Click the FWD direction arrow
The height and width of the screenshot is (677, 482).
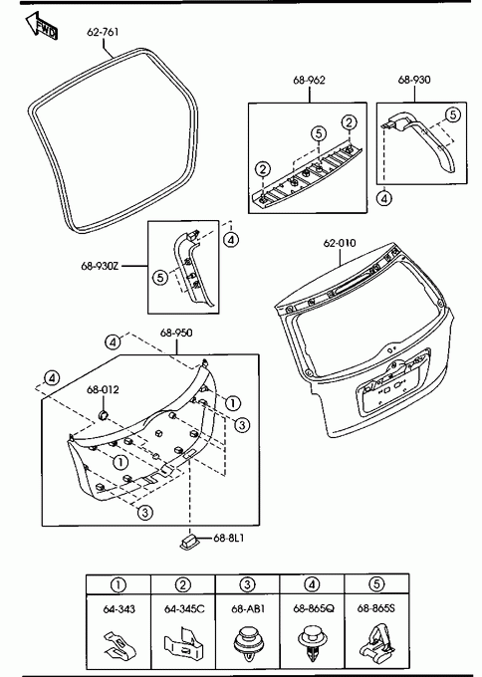42,26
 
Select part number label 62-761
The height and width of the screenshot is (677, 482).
103,32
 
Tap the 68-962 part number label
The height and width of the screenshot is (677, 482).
309,80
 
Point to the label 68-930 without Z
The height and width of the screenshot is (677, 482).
414,80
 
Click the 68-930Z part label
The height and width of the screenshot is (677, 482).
100,266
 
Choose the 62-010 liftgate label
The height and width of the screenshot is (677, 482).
340,243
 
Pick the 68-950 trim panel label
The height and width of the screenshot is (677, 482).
176,333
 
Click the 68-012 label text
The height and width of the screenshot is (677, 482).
103,389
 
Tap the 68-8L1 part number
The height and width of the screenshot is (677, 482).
228,538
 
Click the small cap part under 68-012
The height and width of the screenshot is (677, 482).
104,415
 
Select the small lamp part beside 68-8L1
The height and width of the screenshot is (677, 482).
188,542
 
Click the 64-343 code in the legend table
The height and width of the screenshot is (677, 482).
119,608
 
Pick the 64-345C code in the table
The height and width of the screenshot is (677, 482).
184,608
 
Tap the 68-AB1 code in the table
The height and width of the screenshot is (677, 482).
248,608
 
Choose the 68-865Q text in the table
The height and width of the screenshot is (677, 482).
314,608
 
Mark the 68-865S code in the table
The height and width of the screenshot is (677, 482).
376,608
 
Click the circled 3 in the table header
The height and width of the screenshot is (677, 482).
248,584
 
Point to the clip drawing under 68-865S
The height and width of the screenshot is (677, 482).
376,643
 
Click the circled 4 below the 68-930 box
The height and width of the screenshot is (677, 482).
384,198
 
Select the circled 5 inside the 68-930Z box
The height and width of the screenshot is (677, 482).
160,277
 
